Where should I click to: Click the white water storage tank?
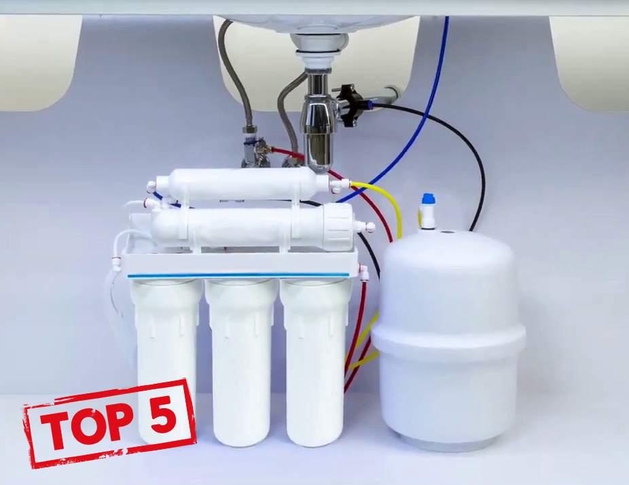pos(447,337)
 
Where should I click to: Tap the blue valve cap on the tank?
pos(427,198)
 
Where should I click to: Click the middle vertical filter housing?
pos(240,361)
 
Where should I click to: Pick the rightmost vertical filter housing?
pos(315,361)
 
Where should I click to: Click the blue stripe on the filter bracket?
pos(238,275)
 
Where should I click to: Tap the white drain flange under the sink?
pos(319,43)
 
